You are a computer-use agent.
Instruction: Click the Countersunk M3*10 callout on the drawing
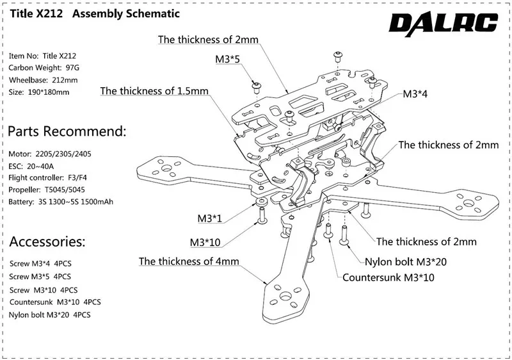click(x=388, y=278)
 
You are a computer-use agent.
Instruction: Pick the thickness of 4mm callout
click(x=189, y=261)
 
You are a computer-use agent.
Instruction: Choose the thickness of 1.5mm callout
click(x=154, y=91)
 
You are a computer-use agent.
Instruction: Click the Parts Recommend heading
click(x=67, y=132)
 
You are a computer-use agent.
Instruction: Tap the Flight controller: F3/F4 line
click(x=52, y=179)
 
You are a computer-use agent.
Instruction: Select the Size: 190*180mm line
click(x=39, y=92)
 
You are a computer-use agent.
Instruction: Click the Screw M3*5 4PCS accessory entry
click(x=40, y=277)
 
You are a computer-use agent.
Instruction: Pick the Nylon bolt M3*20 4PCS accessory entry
click(x=49, y=315)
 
